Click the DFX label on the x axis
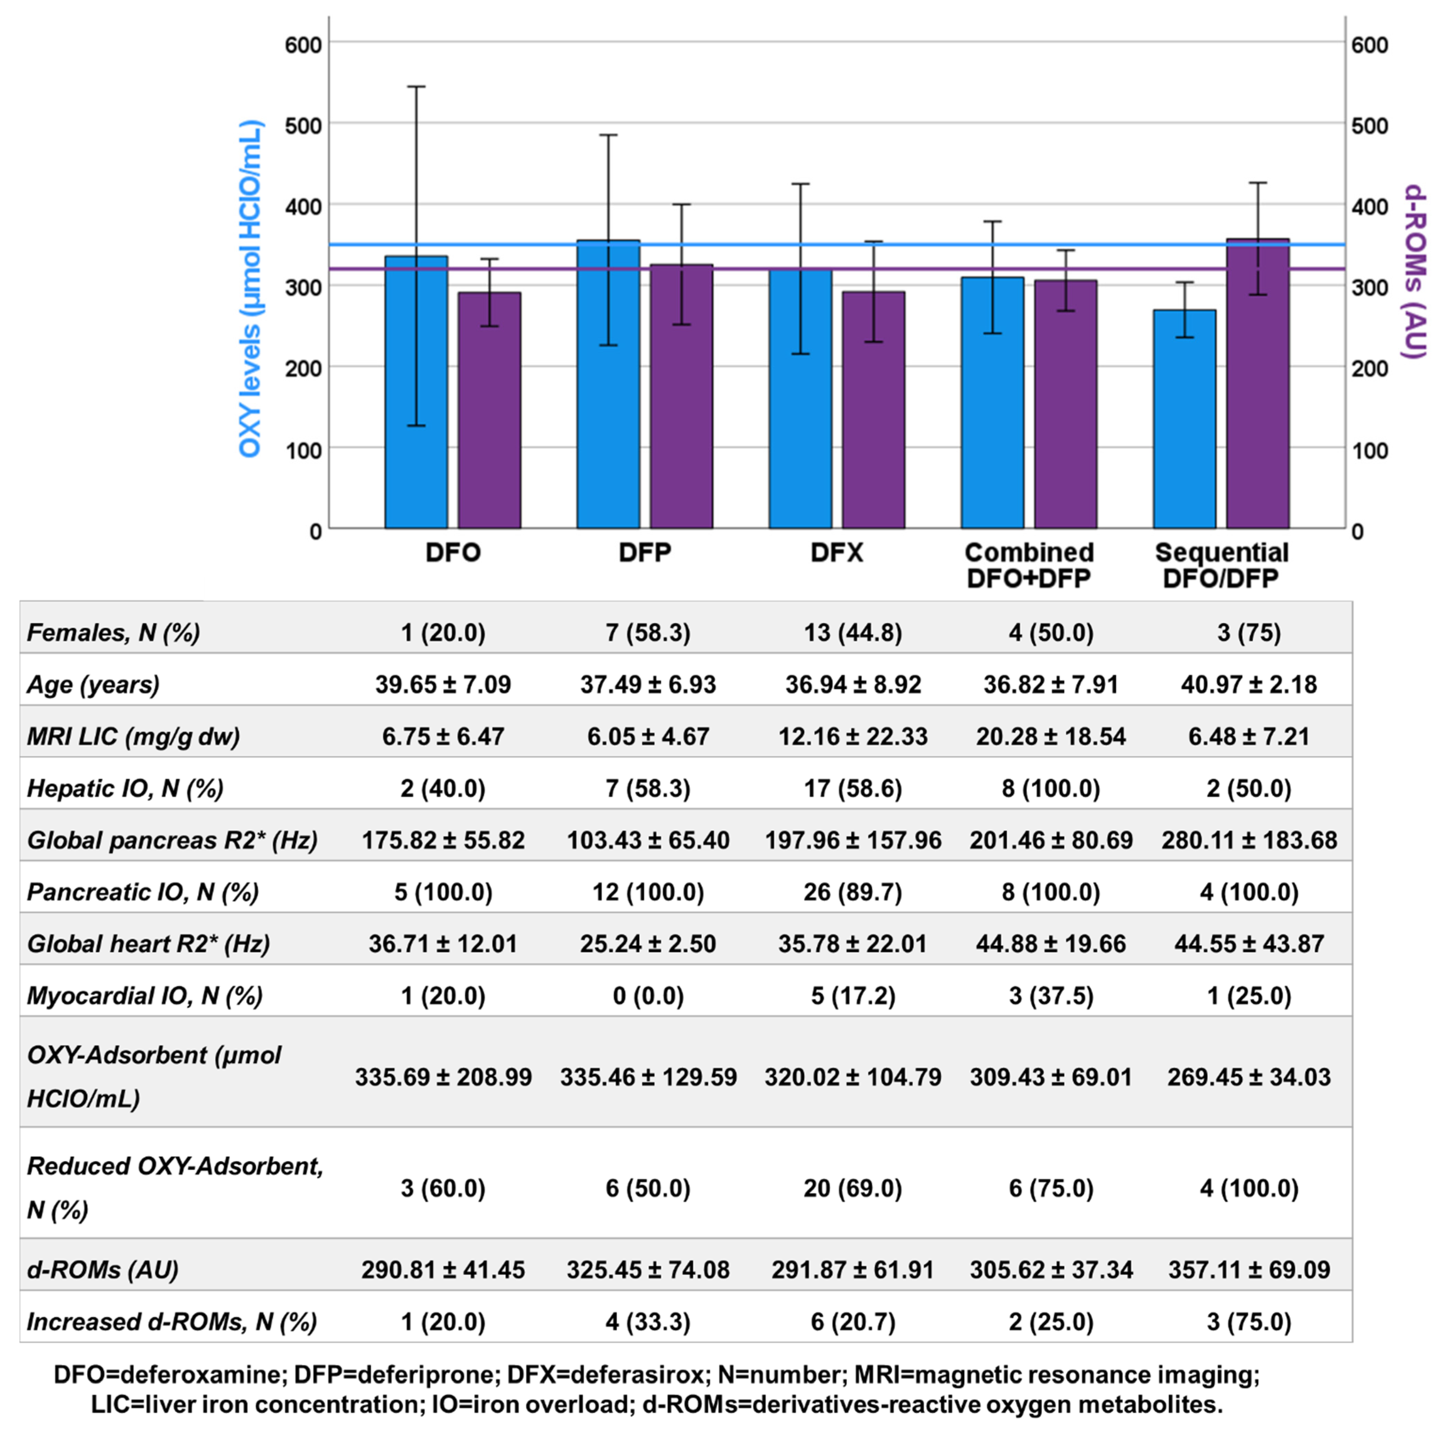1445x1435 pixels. pos(837,553)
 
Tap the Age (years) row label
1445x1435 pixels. pos(93,685)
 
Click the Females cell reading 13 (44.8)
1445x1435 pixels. pos(853,633)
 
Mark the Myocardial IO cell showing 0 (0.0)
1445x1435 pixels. pos(648,996)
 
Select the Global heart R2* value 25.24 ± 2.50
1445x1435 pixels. pos(648,943)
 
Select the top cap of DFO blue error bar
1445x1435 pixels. pos(416,87)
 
